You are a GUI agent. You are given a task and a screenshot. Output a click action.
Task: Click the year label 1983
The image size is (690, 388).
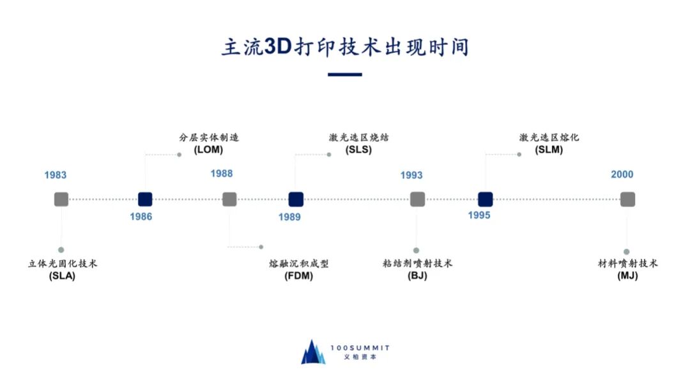56,175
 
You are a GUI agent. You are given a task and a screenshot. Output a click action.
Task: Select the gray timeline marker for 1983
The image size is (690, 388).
61,199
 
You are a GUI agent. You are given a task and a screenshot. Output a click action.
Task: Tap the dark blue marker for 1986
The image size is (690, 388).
146,199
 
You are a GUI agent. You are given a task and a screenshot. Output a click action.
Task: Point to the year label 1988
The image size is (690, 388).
222,174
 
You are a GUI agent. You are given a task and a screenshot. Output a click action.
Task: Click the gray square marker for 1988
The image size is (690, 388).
229,199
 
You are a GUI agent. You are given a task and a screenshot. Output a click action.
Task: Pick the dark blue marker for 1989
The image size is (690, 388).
295,199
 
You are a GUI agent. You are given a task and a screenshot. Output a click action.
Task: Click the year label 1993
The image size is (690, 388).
411,175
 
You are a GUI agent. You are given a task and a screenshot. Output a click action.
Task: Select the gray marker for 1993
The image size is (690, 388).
417,199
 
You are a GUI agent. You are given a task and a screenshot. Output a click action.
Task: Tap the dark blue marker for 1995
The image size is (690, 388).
486,199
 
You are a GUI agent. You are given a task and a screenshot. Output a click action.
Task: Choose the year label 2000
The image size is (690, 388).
622,175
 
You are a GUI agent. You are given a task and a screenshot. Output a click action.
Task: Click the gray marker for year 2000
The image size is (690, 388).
627,199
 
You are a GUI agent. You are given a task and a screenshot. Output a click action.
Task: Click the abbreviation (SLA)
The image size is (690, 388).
62,276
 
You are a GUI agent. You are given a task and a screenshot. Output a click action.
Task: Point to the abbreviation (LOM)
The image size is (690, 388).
208,150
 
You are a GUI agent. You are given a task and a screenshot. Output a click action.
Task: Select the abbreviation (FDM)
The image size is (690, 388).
298,277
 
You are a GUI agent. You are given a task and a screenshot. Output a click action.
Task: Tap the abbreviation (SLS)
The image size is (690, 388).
358,150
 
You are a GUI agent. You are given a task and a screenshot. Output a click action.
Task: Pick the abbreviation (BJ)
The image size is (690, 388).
417,276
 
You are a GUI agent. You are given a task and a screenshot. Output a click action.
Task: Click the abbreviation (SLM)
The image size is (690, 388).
549,150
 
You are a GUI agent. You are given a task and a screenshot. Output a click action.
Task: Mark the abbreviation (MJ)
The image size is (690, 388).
627,276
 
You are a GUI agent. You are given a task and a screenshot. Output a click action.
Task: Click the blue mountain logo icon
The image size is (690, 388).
313,352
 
